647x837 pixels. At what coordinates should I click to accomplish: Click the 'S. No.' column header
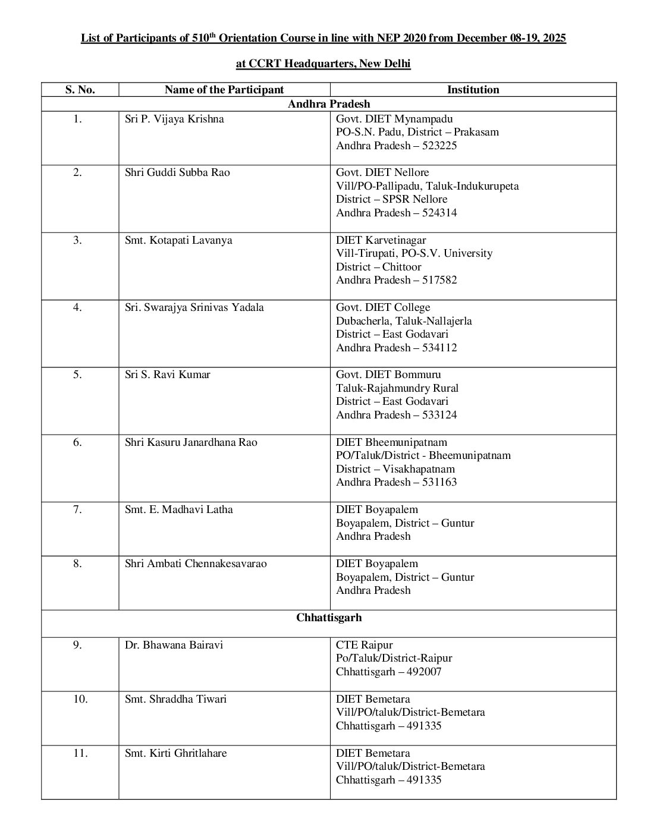tap(80, 90)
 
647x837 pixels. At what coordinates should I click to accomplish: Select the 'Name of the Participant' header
tap(224, 90)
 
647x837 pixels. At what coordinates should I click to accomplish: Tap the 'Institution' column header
tap(473, 90)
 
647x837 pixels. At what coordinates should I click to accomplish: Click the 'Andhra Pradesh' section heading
tap(329, 104)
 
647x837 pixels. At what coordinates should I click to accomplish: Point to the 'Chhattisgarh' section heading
tap(329, 618)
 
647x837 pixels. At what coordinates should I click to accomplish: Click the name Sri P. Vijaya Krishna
tap(174, 119)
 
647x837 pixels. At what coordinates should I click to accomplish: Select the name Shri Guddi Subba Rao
tap(177, 172)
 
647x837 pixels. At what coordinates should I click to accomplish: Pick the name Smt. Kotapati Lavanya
tap(178, 240)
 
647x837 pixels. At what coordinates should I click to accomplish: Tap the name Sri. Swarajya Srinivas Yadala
tap(194, 307)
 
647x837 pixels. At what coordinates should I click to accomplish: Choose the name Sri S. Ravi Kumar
tap(168, 375)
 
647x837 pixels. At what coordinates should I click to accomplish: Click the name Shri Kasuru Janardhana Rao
tap(191, 442)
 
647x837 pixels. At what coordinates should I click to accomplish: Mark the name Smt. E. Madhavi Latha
tap(179, 509)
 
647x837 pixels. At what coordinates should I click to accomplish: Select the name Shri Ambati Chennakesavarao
tap(196, 564)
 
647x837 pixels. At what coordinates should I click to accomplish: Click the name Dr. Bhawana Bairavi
tap(174, 645)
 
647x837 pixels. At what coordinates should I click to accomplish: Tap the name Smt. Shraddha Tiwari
tap(175, 699)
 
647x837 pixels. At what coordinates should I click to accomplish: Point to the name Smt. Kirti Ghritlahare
tap(176, 753)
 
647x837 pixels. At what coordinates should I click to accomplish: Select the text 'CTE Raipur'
tap(364, 645)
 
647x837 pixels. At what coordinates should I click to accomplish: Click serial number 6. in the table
tap(78, 442)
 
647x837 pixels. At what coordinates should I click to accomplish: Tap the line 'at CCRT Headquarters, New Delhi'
tap(323, 64)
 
